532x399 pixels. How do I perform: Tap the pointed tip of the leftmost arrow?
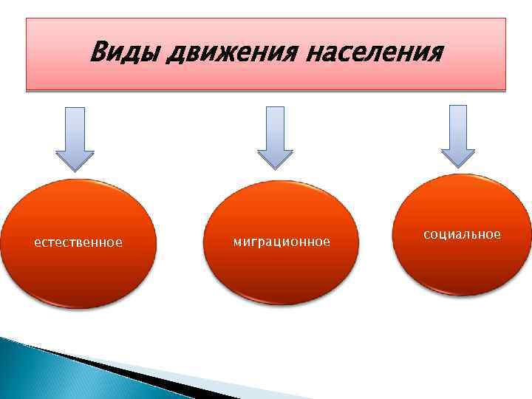[75, 169]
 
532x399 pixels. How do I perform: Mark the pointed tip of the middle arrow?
[275, 168]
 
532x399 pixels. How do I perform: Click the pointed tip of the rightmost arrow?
[458, 166]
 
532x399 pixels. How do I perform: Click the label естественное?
[78, 242]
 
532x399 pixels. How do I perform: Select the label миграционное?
[282, 242]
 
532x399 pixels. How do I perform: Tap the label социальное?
[462, 234]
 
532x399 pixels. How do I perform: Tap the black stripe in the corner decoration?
[89, 362]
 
